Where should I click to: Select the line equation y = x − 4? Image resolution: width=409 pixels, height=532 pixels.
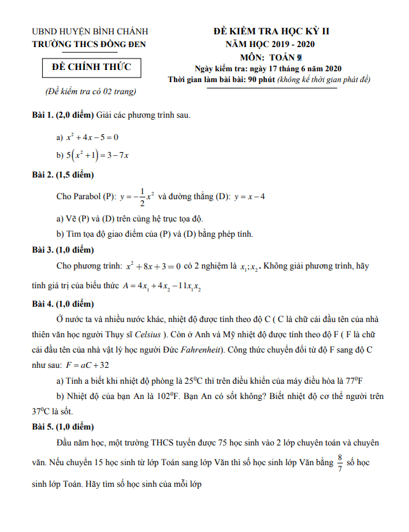249,197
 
